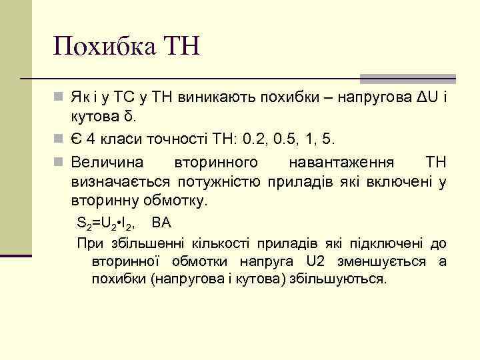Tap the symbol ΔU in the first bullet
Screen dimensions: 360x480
click(422, 99)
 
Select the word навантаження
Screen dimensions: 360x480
click(342, 163)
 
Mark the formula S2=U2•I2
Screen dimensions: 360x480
click(108, 223)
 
